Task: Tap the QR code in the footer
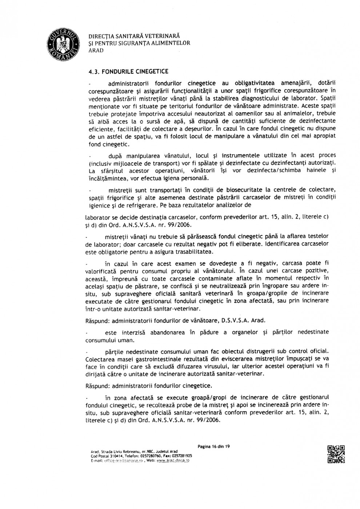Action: click(x=336, y=454)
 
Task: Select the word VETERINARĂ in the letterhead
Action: click(x=162, y=36)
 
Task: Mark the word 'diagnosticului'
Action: click(x=264, y=99)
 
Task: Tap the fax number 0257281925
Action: click(x=181, y=455)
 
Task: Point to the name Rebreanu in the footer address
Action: click(x=129, y=451)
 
